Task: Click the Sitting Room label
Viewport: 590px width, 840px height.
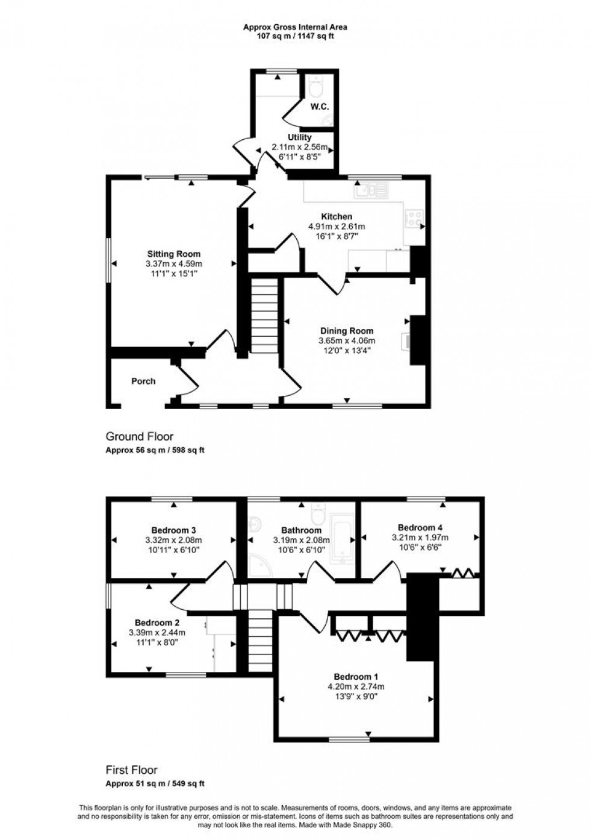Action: tap(174, 254)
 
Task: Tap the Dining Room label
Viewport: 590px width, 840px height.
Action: tap(346, 330)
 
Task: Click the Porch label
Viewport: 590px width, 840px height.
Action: tap(143, 381)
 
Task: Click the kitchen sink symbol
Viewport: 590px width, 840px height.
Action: tap(373, 190)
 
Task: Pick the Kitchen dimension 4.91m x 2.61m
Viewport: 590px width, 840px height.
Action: tap(337, 227)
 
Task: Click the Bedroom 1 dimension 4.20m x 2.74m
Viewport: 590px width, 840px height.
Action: tap(355, 686)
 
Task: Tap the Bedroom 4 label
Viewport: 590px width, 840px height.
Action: tap(420, 527)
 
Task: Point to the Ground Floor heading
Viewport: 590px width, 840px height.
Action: tap(140, 436)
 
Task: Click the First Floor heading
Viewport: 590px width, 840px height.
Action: tap(132, 769)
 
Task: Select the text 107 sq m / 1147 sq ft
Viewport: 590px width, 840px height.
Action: tap(295, 36)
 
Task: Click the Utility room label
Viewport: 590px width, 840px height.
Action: tap(299, 137)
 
